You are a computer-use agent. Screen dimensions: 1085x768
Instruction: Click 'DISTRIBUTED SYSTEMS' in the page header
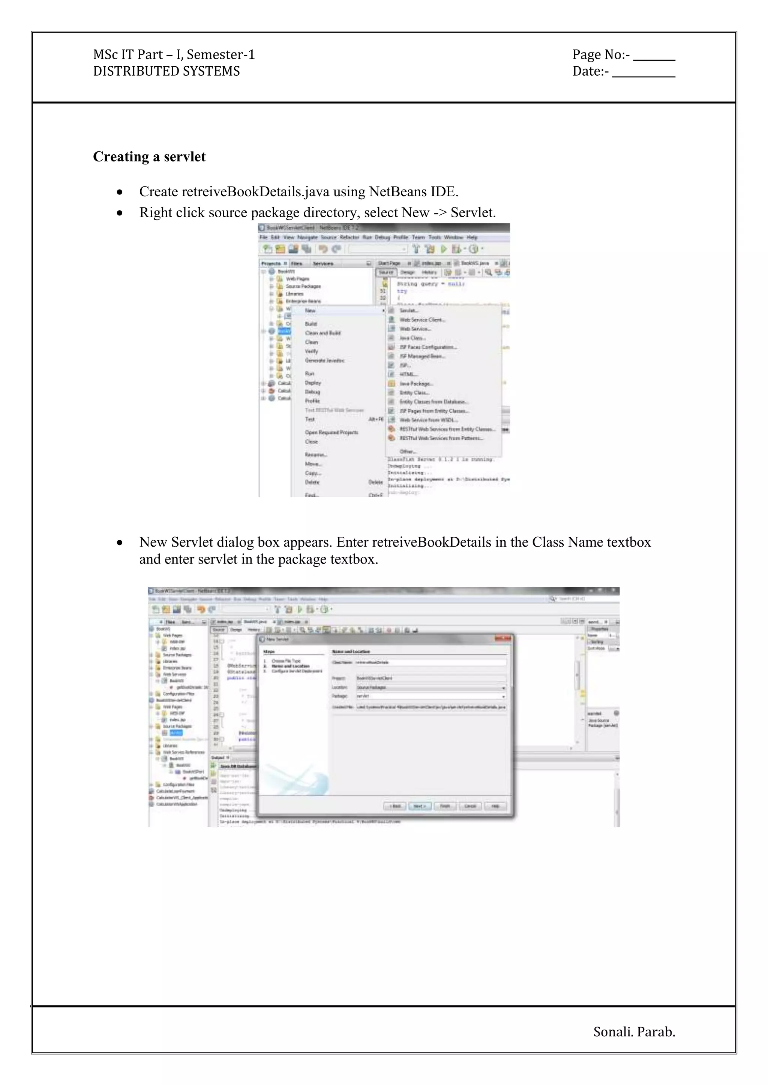[166, 71]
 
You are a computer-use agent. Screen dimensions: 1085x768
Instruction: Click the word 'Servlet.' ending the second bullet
[473, 213]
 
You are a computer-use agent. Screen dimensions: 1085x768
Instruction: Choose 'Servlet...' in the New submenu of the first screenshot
[409, 311]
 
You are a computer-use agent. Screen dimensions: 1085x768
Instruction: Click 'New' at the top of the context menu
[310, 311]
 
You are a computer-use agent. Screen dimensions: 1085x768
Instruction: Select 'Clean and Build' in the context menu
[322, 333]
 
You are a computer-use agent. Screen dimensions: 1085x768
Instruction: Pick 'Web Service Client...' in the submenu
[422, 320]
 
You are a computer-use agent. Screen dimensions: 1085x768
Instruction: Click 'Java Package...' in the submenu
[415, 383]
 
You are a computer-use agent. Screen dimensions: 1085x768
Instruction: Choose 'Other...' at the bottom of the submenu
[408, 451]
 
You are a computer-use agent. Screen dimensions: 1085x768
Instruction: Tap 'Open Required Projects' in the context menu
[331, 432]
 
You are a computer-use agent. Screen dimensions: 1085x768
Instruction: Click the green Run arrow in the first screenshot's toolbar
[444, 249]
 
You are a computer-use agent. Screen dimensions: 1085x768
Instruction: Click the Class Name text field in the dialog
[430, 662]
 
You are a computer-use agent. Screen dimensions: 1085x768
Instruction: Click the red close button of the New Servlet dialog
[503, 638]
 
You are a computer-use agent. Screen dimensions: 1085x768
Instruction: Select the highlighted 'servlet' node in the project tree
[175, 732]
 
